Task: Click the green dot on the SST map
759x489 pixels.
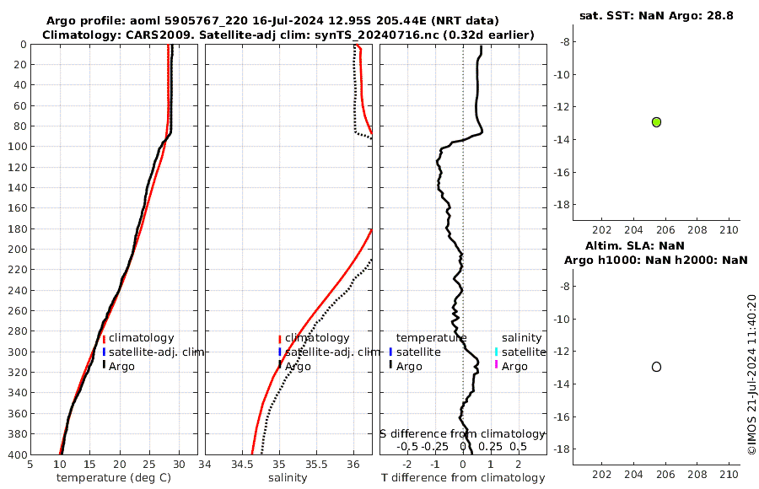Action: [x=656, y=122]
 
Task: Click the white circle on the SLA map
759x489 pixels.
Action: [x=656, y=367]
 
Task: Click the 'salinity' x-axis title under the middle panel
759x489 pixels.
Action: [x=288, y=478]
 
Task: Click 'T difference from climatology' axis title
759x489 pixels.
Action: [x=463, y=478]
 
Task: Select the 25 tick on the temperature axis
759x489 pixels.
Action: [x=149, y=464]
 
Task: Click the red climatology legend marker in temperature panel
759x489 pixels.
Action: [x=104, y=338]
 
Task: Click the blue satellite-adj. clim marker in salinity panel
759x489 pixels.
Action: [x=280, y=352]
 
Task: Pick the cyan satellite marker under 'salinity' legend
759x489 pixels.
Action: [x=496, y=352]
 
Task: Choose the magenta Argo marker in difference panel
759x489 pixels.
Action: [x=496, y=365]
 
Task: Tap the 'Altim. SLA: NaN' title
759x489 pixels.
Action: [x=657, y=245]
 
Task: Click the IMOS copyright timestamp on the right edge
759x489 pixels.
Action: [x=751, y=374]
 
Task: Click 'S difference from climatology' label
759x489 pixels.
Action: [x=462, y=433]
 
